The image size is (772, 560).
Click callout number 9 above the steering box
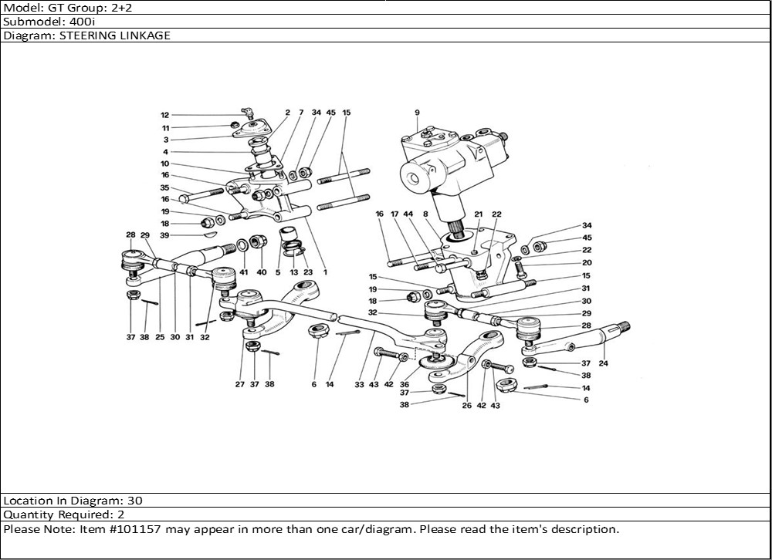417,113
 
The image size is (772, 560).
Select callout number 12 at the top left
165,115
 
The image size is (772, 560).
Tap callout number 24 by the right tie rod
602,363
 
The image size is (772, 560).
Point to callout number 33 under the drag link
360,384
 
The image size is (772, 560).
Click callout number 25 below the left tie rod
160,337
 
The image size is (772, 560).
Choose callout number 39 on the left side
164,234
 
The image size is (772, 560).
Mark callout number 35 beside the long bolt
164,187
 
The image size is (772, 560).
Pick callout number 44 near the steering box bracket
408,214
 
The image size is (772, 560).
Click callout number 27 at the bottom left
240,384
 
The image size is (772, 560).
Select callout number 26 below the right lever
466,405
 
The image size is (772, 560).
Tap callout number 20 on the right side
587,262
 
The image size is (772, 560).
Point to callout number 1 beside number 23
325,272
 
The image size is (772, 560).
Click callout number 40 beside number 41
261,272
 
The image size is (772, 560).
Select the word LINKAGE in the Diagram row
144,35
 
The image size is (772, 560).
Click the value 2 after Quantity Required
120,514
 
